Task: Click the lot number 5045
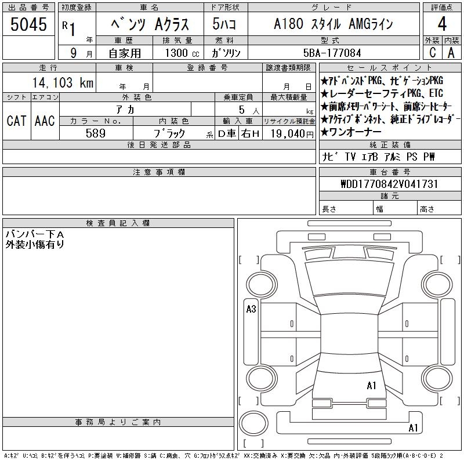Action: [x=28, y=24]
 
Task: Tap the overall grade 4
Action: [x=442, y=24]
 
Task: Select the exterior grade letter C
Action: [x=433, y=53]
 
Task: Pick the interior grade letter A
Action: [x=451, y=53]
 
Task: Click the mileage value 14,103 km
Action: [x=63, y=82]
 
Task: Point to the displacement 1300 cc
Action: [x=182, y=53]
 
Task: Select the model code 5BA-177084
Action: [x=332, y=53]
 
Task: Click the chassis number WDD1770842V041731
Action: [x=389, y=184]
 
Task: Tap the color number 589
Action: [x=96, y=133]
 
